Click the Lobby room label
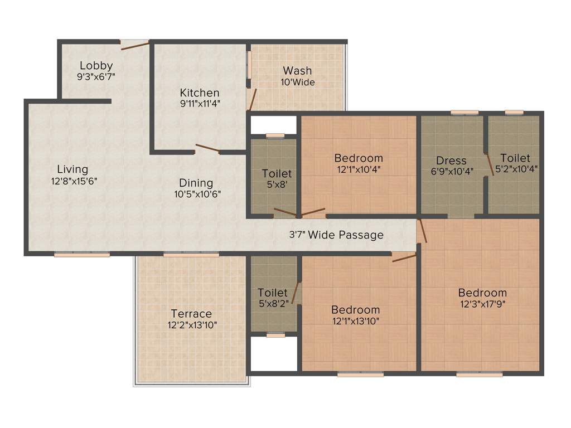[x=96, y=65]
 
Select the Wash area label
[x=297, y=71]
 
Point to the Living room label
[x=72, y=169]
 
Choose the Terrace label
[x=191, y=313]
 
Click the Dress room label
[x=451, y=160]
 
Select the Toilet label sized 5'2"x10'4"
[x=515, y=158]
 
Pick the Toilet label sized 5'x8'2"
[x=273, y=293]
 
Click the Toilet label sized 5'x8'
[x=277, y=174]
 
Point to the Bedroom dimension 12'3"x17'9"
[x=482, y=304]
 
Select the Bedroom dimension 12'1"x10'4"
[x=359, y=169]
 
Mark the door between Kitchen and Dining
[x=207, y=148]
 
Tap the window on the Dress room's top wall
[x=464, y=113]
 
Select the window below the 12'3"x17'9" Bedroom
[x=479, y=374]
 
